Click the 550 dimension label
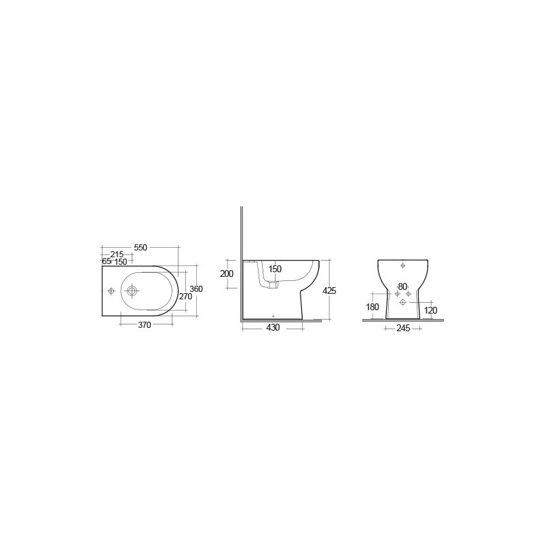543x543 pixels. (141, 247)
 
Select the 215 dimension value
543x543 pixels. (117, 255)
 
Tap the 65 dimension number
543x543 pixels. (107, 261)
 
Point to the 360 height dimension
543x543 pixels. (196, 289)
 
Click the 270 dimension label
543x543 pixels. (185, 297)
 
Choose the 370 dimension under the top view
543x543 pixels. (145, 325)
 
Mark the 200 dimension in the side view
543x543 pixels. (227, 274)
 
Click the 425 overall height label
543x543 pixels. (329, 291)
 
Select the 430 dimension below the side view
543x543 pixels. (273, 328)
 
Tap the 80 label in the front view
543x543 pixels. (402, 286)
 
